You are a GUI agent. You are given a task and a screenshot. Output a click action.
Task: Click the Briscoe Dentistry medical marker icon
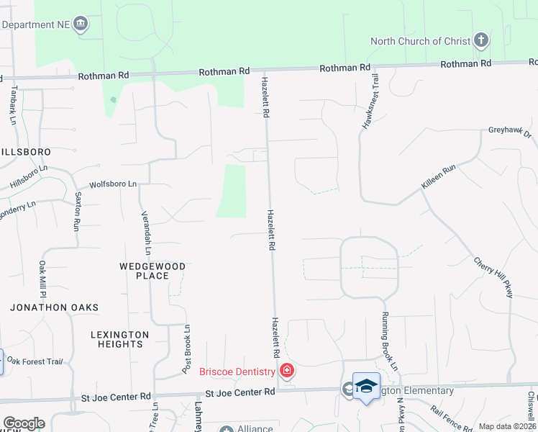click(287, 372)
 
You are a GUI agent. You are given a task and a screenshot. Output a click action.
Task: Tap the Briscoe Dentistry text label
click(237, 372)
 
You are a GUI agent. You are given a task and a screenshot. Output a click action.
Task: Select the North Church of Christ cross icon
click(481, 41)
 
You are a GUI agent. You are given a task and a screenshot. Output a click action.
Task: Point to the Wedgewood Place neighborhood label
click(152, 271)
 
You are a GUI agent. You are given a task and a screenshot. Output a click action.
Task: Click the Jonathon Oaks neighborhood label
click(54, 307)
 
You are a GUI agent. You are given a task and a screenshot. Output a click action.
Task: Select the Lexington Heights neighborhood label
click(120, 339)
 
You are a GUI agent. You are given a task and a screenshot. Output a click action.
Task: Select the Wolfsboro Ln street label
click(113, 184)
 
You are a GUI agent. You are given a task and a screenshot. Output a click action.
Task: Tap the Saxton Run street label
click(76, 210)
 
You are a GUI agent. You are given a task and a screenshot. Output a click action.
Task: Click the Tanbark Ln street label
click(13, 106)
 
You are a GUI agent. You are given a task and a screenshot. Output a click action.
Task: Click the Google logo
click(24, 423)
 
